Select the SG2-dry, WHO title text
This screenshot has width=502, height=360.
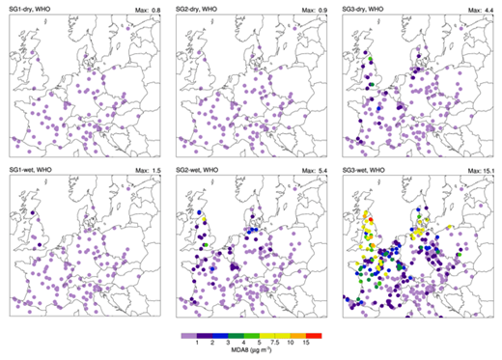pos(198,8)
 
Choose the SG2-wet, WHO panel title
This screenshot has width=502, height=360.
pos(198,170)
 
